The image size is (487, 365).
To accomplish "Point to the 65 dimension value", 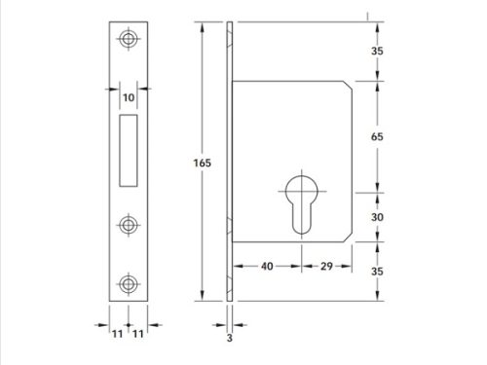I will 377,137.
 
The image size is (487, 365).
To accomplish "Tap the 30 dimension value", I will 377,218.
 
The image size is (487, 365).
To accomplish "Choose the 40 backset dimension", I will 264,266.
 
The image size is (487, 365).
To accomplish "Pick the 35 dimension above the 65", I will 377,52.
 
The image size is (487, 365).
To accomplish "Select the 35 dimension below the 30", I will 377,273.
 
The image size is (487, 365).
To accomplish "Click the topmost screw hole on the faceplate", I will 127,40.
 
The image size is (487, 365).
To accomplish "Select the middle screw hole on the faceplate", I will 127,224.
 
